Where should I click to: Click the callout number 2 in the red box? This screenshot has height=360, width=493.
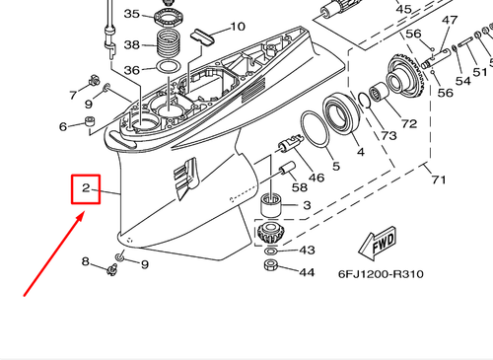tap(87, 187)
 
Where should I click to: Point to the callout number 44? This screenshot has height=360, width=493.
tap(307, 271)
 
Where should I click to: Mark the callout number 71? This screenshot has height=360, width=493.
tap(437, 180)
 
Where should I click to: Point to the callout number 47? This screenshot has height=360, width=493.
tap(450, 22)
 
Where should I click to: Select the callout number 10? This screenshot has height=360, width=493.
tap(238, 27)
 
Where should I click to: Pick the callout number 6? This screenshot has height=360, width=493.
tap(64, 126)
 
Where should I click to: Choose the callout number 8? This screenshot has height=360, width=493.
tap(86, 261)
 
